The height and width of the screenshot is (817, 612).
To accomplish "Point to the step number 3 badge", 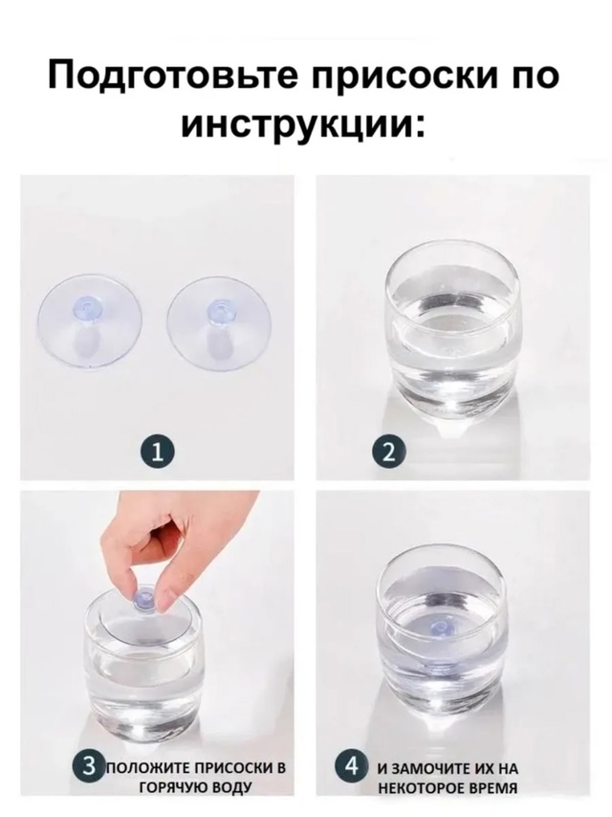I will click(88, 766).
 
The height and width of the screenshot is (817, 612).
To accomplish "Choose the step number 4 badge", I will click(354, 766).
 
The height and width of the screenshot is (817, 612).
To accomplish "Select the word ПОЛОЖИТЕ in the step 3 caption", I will click(148, 769).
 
